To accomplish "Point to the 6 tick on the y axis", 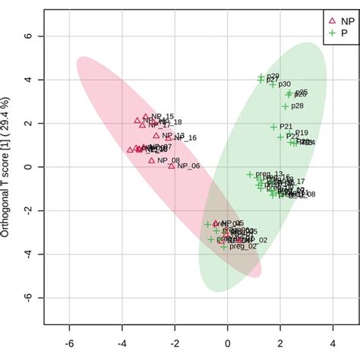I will coord(27,36).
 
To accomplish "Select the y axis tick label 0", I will coord(27,167).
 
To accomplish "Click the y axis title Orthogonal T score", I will coord(6,167).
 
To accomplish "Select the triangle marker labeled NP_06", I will coord(172,166).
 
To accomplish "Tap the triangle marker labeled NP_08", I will coord(152,160).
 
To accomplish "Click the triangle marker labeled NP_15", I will coord(146,117).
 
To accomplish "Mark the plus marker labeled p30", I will coord(273,84).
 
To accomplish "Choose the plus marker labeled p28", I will coord(286,106).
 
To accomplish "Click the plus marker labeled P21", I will coord(274,127).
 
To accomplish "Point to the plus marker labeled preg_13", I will coord(249,175).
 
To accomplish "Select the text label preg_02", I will coord(243,246).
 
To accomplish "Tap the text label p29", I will coord(273,76).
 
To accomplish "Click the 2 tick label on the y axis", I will coord(27,124).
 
